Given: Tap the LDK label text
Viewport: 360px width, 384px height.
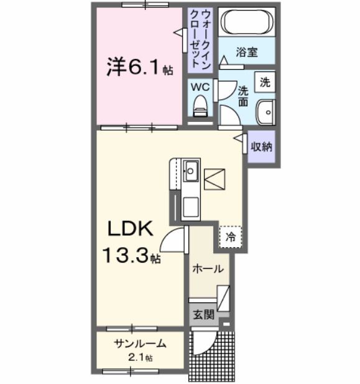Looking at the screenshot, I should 131,230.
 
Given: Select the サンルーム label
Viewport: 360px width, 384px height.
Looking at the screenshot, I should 139,344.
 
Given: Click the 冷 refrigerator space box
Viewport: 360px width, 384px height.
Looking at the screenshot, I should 231,236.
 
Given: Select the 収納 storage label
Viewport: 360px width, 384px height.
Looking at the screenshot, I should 261,148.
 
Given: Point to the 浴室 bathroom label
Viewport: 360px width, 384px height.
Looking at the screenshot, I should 247,52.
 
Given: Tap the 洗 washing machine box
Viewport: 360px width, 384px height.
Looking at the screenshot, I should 265,82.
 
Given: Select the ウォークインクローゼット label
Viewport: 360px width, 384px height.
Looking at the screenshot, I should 200,39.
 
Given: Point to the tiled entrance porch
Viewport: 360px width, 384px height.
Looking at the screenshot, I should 213,353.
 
